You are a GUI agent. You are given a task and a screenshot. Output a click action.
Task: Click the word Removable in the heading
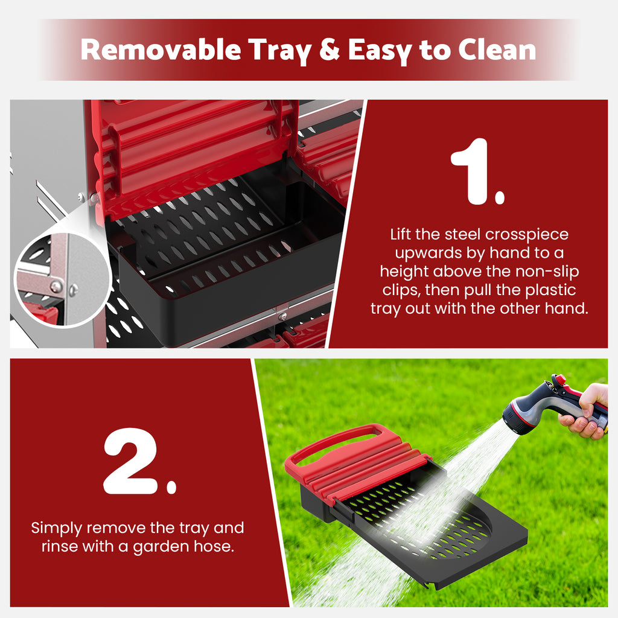click(x=161, y=50)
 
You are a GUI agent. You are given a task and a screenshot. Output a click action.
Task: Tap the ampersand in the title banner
click(x=330, y=49)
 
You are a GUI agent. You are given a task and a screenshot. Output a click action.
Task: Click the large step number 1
click(x=477, y=171)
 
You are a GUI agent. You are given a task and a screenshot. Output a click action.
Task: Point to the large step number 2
click(x=139, y=461)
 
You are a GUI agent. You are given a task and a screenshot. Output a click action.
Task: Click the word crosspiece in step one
click(x=527, y=235)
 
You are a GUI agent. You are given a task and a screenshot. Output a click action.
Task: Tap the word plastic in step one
click(x=550, y=290)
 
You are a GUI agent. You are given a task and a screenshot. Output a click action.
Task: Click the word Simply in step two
click(x=57, y=529)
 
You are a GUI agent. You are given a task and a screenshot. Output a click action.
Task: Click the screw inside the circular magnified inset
click(x=56, y=287)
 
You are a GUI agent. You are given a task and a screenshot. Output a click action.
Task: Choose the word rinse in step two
click(x=60, y=546)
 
